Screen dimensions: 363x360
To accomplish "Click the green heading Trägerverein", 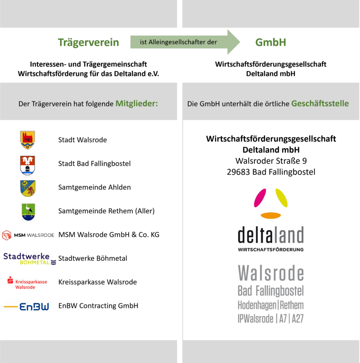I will coord(88,42).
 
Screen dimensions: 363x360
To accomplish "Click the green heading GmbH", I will coord(271,42).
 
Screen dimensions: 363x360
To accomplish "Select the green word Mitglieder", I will coord(137,103).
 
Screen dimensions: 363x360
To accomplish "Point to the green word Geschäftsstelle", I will coord(320,103).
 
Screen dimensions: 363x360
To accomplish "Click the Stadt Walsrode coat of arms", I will coord(27,140).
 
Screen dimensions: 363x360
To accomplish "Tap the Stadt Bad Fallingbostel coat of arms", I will coord(27,164).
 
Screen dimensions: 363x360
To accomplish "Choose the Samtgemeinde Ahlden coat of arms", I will coord(27,188).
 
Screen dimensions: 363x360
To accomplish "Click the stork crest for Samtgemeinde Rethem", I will coord(27,211).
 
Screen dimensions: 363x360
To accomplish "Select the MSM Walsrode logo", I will coord(28,235).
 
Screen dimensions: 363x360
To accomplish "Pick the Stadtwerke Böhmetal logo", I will coord(30,259).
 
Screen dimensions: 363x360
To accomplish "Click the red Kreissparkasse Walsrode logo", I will coord(27,283).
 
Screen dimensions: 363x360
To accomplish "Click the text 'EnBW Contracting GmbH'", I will coord(98,306).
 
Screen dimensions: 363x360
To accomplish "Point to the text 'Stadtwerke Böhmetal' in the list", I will coord(93,259).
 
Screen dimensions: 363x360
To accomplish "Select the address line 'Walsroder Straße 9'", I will coord(271,161).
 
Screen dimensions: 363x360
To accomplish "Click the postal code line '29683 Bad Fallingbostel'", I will coord(271,172).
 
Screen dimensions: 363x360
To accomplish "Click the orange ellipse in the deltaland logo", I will coord(270,215).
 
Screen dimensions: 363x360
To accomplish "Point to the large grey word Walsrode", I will coord(270,273).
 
